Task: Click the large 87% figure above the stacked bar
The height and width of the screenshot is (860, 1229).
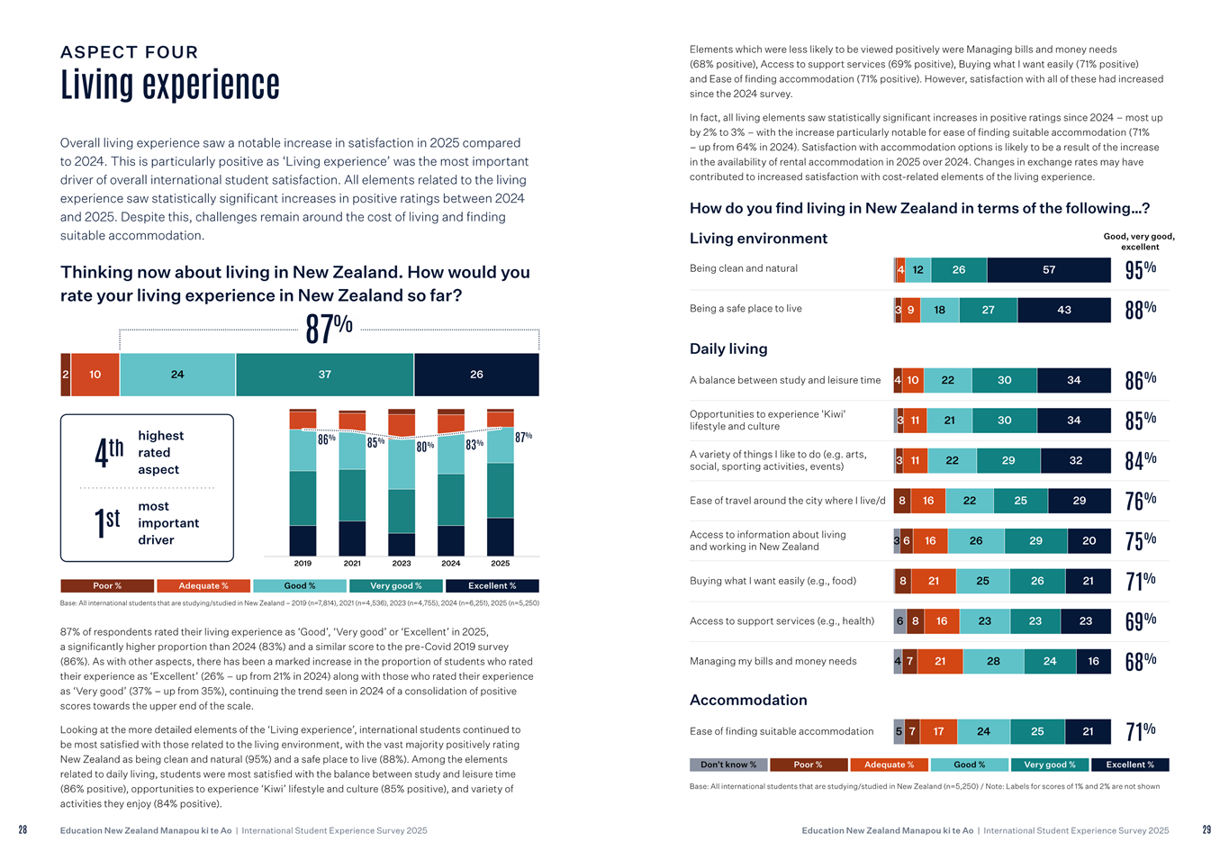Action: pos(329,329)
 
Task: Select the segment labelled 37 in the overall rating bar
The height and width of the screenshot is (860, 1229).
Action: pos(325,375)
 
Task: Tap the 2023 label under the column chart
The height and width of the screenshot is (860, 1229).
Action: pos(402,563)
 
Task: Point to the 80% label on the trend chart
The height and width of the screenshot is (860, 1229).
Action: pos(425,446)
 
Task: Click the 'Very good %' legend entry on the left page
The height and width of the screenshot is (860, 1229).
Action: pos(395,585)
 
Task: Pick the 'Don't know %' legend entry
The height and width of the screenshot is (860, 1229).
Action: pos(728,765)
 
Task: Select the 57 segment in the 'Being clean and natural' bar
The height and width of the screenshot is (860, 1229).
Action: pos(1049,270)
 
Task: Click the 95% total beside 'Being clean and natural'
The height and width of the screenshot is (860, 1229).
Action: pos(1141,269)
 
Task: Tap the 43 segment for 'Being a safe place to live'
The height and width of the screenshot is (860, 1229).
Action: pos(1064,310)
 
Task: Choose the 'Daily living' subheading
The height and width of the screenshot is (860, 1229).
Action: pos(728,349)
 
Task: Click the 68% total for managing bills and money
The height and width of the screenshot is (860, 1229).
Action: pos(1141,662)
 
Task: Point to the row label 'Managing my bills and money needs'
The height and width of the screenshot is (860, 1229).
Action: pos(773,661)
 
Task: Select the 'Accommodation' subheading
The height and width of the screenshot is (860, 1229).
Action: pos(748,700)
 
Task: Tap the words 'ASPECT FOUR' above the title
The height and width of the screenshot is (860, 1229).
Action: pos(130,52)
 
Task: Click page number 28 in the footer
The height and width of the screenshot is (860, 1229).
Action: pos(23,830)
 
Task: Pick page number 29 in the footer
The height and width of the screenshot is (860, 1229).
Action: pos(1206,830)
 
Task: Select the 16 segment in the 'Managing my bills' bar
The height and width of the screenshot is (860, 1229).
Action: pos(1093,661)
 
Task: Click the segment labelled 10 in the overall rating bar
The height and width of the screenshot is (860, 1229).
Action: pos(95,375)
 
